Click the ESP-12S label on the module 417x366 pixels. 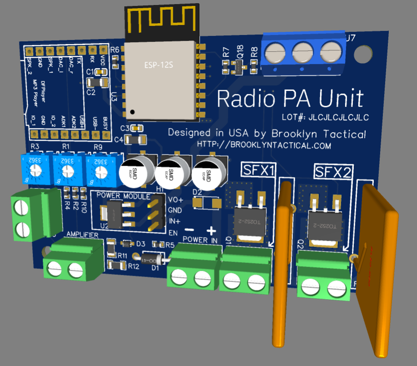(x=162, y=65)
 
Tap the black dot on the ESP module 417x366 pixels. (x=132, y=111)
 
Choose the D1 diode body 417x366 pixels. (x=153, y=259)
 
